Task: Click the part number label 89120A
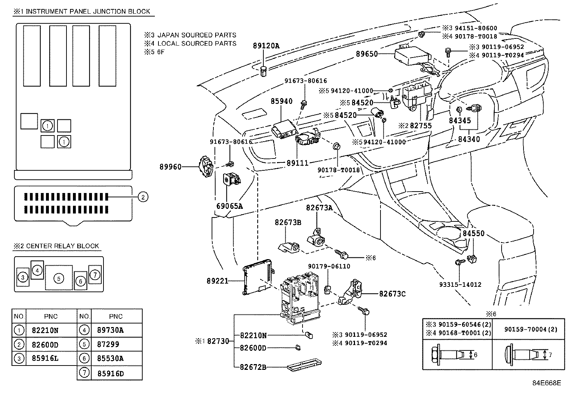click(266, 46)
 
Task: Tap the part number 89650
click(367, 54)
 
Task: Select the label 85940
click(282, 102)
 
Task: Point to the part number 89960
click(171, 167)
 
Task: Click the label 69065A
click(230, 206)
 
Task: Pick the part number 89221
click(217, 281)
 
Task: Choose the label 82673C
click(392, 294)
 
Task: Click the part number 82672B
click(253, 367)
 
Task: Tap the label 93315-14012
click(460, 285)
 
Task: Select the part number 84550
click(474, 233)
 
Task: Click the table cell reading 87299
click(108, 344)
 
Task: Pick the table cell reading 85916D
click(110, 373)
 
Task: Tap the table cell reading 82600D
click(45, 345)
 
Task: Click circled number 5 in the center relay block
click(59, 278)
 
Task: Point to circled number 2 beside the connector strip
click(143, 197)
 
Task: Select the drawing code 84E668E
click(546, 383)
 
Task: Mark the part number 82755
click(421, 126)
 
